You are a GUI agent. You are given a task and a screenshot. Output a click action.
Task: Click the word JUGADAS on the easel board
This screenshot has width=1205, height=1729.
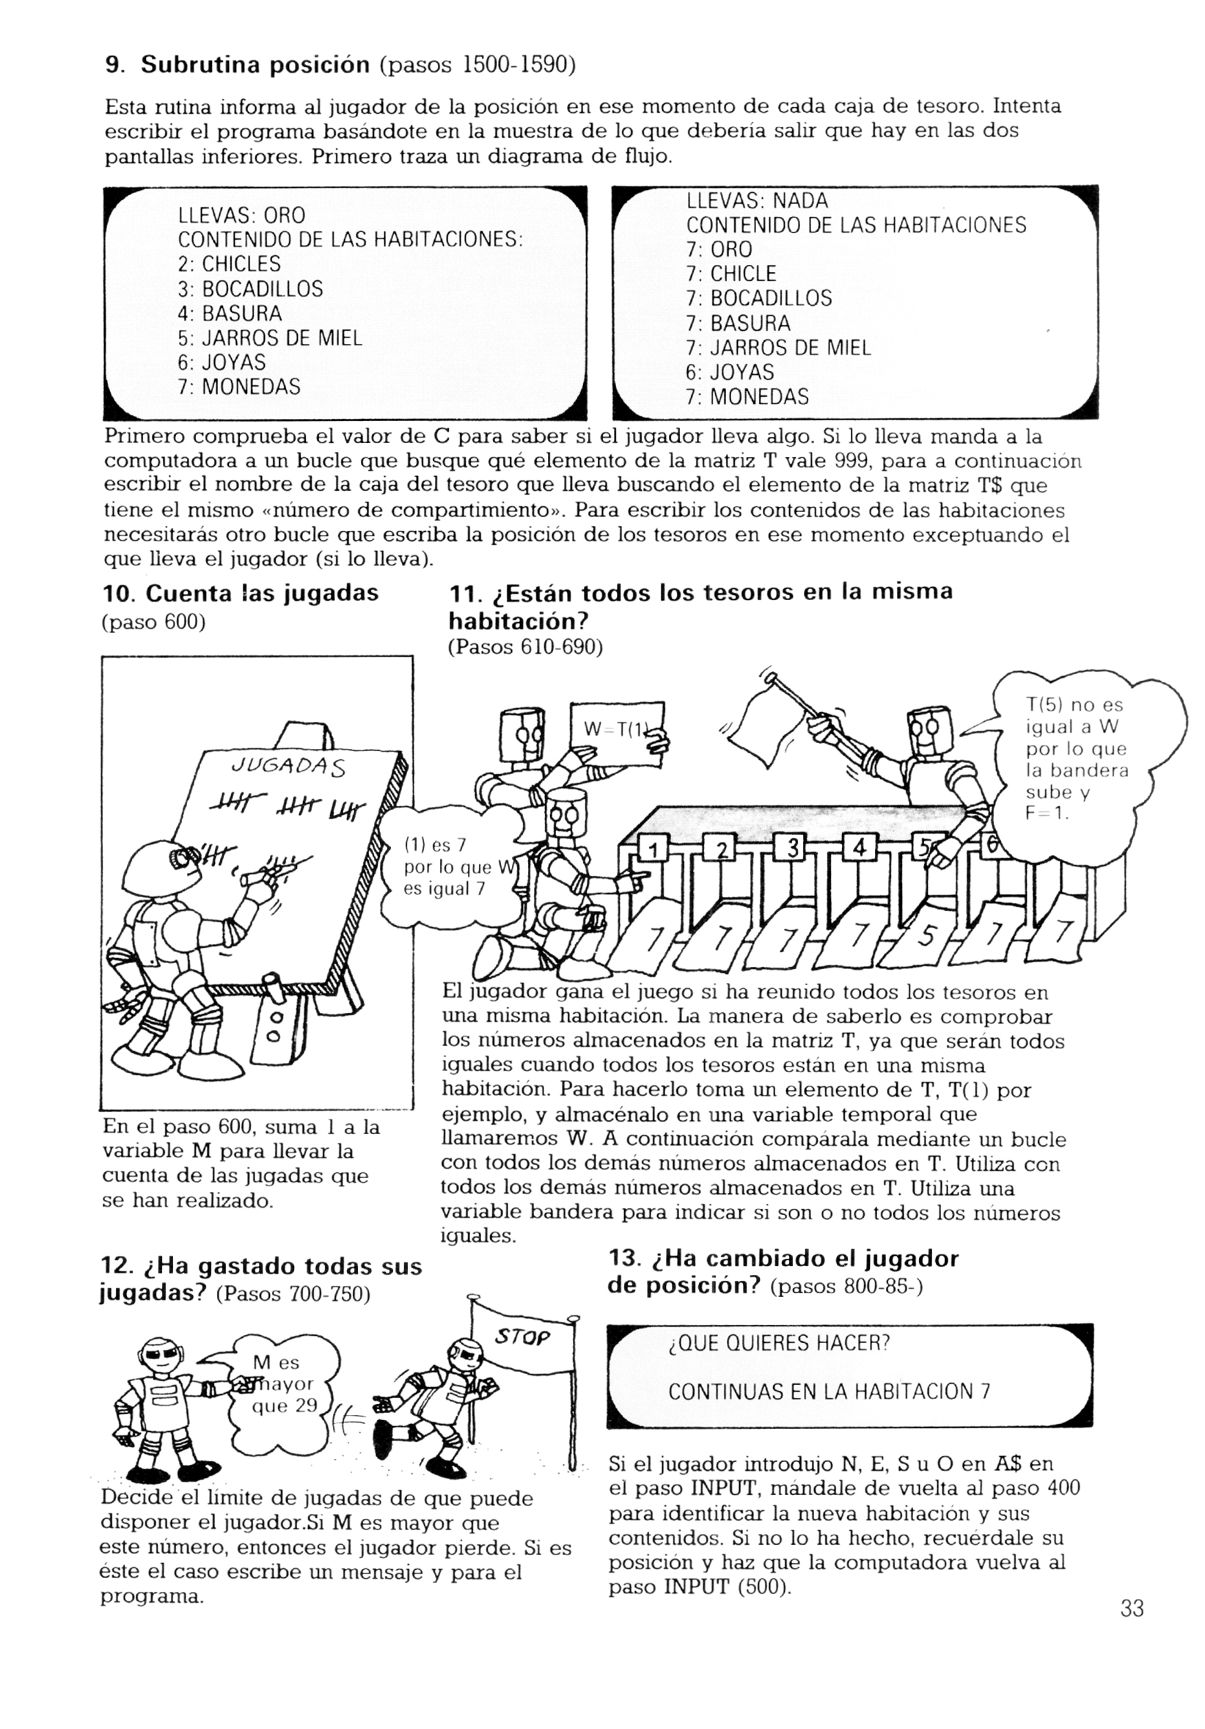288,767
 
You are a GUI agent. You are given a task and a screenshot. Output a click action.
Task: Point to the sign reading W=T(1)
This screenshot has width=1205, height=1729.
617,734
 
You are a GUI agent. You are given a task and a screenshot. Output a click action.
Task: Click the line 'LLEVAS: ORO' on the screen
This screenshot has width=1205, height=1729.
242,216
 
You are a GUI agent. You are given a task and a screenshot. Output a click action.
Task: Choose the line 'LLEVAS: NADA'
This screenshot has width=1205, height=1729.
757,200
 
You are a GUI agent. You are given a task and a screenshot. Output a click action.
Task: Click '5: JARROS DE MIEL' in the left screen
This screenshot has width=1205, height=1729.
271,338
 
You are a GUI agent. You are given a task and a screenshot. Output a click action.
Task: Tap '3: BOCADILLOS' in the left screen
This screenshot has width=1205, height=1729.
251,289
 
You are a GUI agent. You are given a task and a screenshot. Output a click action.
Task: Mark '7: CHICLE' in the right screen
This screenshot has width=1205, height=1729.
731,274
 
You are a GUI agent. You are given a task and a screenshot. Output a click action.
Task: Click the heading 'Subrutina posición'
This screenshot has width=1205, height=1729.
255,65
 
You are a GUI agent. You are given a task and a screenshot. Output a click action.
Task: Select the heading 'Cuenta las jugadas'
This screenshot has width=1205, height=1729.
262,593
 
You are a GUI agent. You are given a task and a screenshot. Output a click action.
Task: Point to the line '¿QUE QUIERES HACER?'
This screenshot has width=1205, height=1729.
780,1342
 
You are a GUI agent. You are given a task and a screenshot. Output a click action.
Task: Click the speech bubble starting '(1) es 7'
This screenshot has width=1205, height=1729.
449,868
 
